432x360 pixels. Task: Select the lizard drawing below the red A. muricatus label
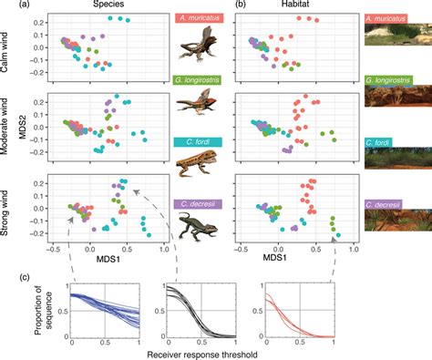tap(195, 46)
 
